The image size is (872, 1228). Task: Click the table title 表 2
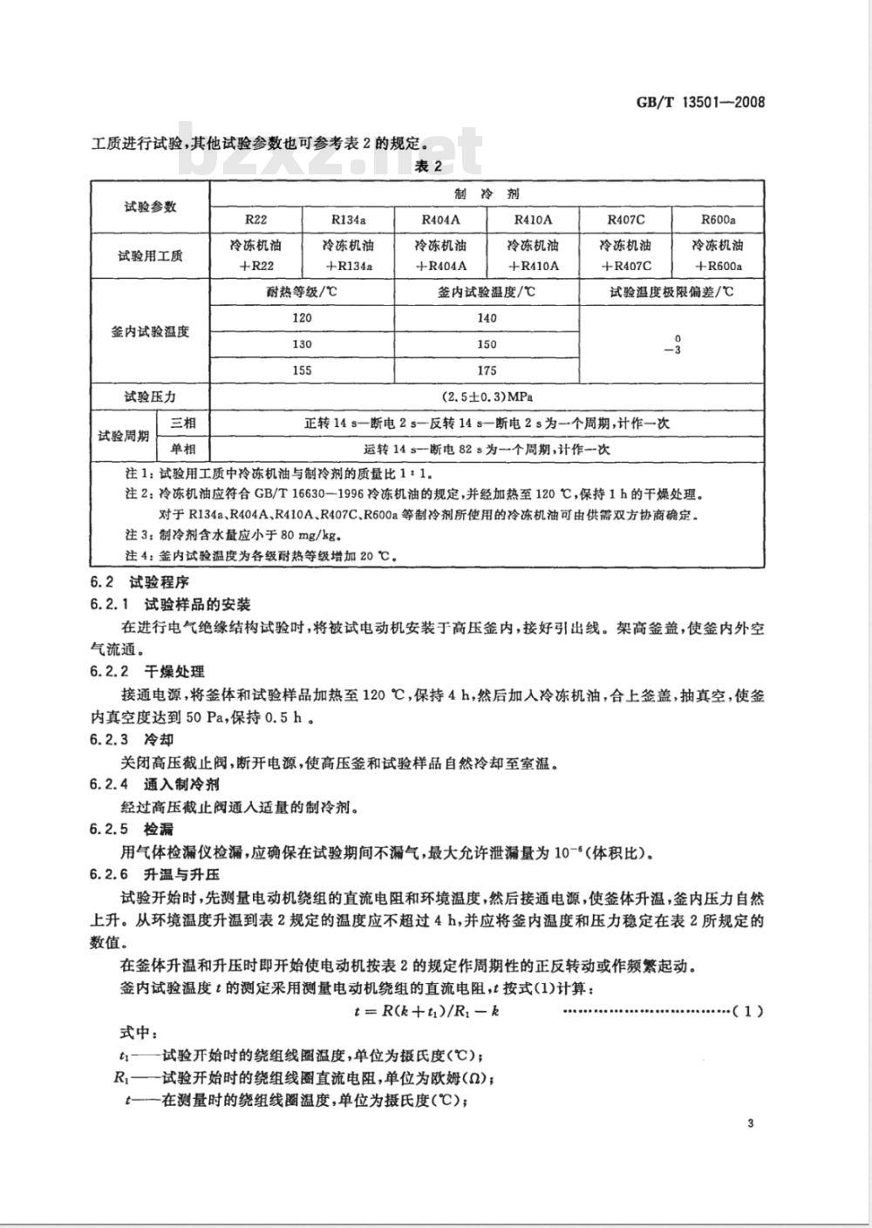pyautogui.click(x=428, y=166)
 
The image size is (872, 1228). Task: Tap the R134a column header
pyautogui.click(x=349, y=220)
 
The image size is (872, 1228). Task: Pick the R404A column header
pyautogui.click(x=441, y=220)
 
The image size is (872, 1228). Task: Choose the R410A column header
pyautogui.click(x=533, y=220)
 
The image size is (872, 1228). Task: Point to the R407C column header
pyautogui.click(x=624, y=220)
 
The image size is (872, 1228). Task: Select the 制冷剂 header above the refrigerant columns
pyautogui.click(x=487, y=193)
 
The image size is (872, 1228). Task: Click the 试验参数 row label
pyautogui.click(x=150, y=207)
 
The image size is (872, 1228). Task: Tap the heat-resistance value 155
pyautogui.click(x=302, y=370)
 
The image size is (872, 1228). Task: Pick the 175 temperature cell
pyautogui.click(x=487, y=370)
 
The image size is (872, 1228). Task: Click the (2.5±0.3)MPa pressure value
pyautogui.click(x=487, y=397)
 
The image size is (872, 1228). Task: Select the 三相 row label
pyautogui.click(x=183, y=424)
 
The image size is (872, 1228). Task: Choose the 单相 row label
pyautogui.click(x=183, y=450)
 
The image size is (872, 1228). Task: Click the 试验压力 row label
pyautogui.click(x=150, y=397)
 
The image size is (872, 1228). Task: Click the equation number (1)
pyautogui.click(x=748, y=1011)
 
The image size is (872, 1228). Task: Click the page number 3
pyautogui.click(x=751, y=1123)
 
